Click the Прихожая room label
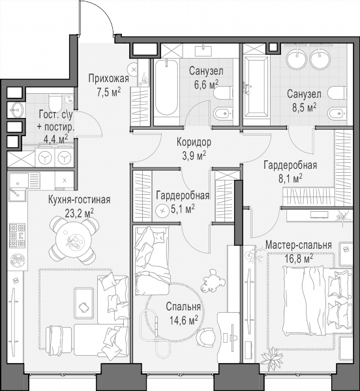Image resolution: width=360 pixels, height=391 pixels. pos(108,79)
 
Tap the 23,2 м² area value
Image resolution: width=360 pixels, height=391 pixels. pos(80,213)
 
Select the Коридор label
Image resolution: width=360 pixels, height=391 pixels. pos(194,142)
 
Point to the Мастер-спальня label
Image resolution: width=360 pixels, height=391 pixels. pos(299,245)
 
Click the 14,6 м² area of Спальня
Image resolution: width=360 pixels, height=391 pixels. pos(184,320)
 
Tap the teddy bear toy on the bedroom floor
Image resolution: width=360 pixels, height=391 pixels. pos(213,281)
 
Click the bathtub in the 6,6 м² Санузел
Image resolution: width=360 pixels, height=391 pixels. pos(166,87)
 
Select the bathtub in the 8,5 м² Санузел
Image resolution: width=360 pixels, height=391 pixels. pos(256,87)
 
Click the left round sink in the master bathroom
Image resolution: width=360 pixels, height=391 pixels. pos(297,59)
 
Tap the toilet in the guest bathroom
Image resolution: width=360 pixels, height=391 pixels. pos(55,103)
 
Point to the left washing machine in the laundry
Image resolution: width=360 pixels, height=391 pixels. pos(45,157)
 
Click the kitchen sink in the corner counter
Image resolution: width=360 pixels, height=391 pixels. pos(18,187)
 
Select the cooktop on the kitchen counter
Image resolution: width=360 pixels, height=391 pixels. pos(18,235)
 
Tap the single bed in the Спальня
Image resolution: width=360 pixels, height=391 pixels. pos(152,261)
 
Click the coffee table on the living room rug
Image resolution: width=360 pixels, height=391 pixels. pos(84,303)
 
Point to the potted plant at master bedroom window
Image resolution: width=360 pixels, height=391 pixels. pos(271,358)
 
